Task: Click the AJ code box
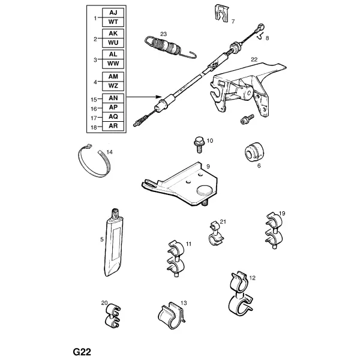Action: (113, 13)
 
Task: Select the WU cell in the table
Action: (113, 43)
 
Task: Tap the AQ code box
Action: (113, 116)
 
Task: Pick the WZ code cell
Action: (113, 86)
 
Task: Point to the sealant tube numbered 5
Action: (114, 242)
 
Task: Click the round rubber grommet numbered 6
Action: (254, 152)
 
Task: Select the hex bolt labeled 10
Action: (199, 145)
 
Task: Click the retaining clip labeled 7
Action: (221, 13)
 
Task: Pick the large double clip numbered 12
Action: (241, 294)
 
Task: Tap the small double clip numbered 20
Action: (113, 315)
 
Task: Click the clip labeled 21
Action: (215, 233)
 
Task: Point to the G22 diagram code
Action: (82, 352)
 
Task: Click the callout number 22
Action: (254, 59)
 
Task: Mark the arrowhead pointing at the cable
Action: (160, 97)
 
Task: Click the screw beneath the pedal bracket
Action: (247, 119)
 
